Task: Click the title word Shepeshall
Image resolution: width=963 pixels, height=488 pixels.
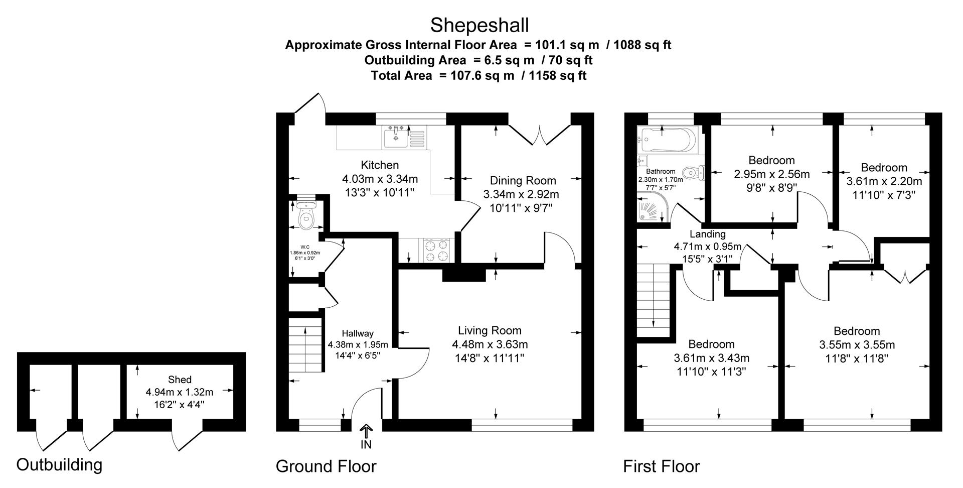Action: point(479,24)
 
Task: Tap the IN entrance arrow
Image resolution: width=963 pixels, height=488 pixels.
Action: point(366,431)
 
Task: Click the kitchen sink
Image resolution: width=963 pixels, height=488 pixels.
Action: point(396,138)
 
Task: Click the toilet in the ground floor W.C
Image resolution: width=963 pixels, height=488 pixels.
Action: point(305,217)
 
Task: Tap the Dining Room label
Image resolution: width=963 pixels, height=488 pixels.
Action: point(523,180)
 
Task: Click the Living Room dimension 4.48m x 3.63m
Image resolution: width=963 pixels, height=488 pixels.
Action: point(490,344)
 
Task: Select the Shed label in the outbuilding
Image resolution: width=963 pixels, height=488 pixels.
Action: point(180,380)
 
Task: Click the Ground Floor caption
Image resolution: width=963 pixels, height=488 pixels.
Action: point(326,466)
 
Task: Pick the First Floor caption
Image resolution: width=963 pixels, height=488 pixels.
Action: point(661,466)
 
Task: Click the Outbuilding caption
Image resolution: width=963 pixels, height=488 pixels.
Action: point(59,464)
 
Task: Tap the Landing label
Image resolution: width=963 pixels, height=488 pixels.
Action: point(707,234)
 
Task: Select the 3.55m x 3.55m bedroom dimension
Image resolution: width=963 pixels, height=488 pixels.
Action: point(857,345)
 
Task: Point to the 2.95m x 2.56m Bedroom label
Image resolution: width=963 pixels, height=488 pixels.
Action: point(771,161)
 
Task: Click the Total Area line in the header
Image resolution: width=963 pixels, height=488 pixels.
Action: point(478,76)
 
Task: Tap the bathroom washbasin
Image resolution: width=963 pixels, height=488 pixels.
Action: point(641,161)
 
